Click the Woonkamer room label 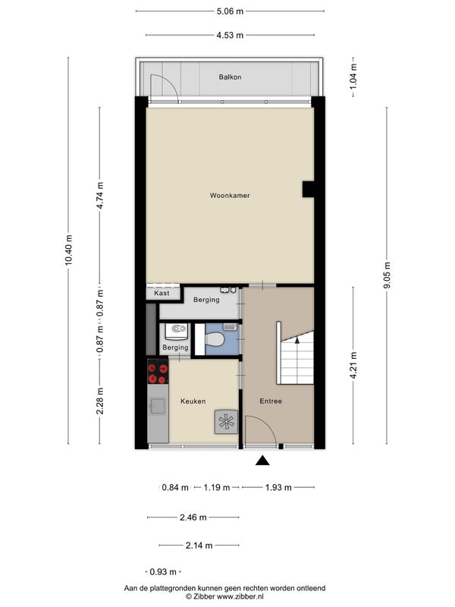(x=230, y=196)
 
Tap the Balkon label (x=231, y=77)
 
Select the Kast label (x=162, y=293)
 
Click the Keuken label (x=193, y=401)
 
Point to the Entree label (x=271, y=401)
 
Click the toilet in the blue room (x=214, y=339)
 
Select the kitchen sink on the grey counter (x=158, y=406)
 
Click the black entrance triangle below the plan (x=262, y=460)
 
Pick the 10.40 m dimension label (x=68, y=250)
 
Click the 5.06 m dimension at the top (x=231, y=11)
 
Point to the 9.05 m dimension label (x=388, y=275)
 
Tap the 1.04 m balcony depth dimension (x=353, y=77)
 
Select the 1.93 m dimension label (x=278, y=487)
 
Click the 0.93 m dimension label (x=163, y=572)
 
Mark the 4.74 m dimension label (x=100, y=195)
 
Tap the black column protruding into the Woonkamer (x=309, y=189)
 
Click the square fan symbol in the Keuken (x=226, y=422)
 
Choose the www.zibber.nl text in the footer (x=240, y=596)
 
